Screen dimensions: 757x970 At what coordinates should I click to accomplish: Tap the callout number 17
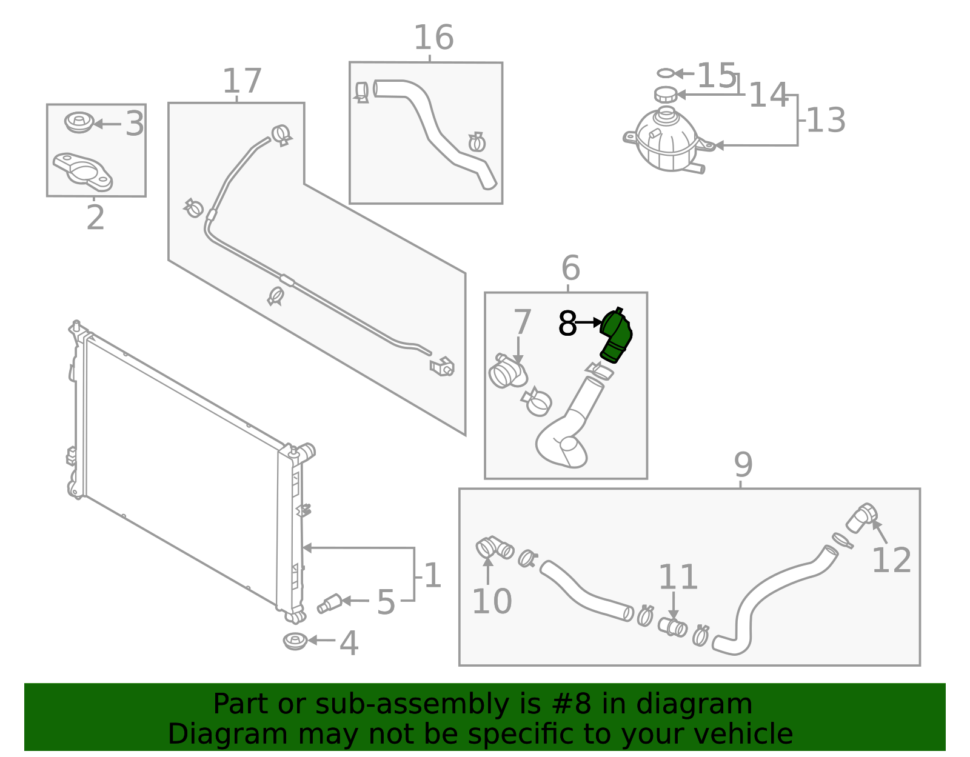tap(242, 81)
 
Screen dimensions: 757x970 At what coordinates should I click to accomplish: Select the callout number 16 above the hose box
tap(433, 38)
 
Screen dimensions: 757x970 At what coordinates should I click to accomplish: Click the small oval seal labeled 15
tap(665, 73)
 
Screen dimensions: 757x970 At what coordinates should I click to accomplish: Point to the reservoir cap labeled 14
tap(666, 95)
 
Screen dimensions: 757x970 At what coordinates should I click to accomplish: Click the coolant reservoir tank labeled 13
tap(666, 141)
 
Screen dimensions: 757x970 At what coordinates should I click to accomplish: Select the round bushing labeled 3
tap(78, 122)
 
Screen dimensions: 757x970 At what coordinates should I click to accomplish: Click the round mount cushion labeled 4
tap(295, 641)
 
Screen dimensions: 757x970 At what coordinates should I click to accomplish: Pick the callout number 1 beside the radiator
tap(432, 576)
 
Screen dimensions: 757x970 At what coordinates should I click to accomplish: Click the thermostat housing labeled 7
tap(507, 372)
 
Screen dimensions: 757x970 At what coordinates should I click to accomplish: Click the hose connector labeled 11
tap(672, 626)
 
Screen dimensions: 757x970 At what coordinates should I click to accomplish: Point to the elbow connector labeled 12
tap(861, 518)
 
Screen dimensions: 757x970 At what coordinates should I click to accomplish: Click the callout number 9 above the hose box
tap(743, 465)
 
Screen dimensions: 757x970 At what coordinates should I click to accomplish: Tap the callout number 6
tap(570, 268)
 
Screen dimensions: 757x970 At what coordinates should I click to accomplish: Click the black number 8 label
tap(567, 324)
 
